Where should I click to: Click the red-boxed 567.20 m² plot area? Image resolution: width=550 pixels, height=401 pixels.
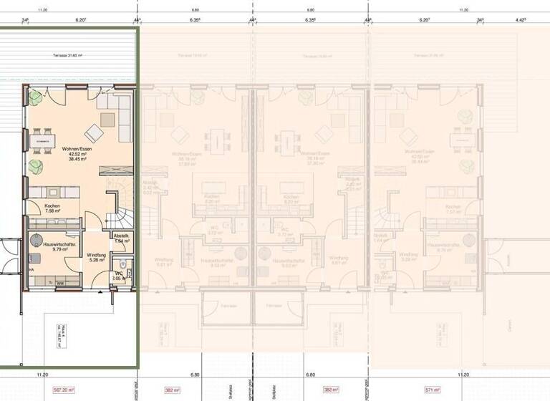point(59,390)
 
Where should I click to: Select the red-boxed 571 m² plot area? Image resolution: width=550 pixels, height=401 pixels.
point(452,390)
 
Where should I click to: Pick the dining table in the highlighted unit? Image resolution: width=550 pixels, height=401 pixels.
point(43,141)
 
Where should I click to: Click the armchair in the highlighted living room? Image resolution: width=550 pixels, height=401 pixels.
point(93,132)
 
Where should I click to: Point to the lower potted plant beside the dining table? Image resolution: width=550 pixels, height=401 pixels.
point(37,167)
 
